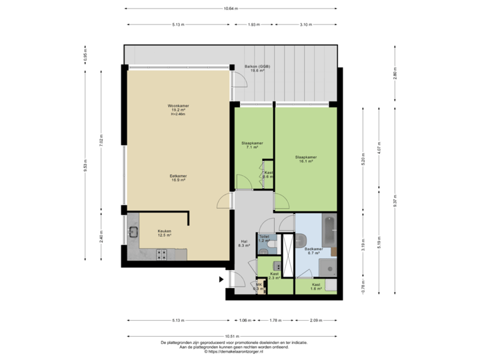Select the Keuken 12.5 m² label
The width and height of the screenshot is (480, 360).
[165, 233]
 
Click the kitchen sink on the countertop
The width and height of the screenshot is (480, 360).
[133, 233]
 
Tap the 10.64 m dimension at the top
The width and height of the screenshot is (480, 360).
[230, 9]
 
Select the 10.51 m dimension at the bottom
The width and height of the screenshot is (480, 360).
[231, 336]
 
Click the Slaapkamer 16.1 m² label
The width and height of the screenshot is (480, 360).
[306, 159]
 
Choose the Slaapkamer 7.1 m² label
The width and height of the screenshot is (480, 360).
[252, 145]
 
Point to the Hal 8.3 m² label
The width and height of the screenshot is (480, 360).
[244, 244]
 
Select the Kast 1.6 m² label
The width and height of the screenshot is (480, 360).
[316, 287]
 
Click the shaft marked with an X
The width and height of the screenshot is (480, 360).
[288, 255]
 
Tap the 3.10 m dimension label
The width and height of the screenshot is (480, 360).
[305, 25]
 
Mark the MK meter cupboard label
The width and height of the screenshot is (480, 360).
[259, 287]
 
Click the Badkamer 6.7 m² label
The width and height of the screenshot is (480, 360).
[315, 251]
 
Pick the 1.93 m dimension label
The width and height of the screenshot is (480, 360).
[253, 25]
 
